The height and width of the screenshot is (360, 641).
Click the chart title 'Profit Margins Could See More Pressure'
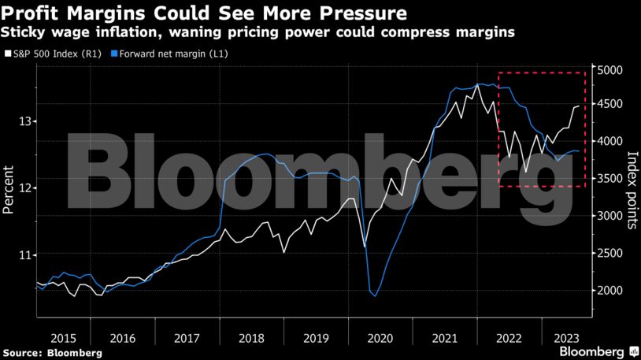point(204,13)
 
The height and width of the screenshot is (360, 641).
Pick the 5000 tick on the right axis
point(612,71)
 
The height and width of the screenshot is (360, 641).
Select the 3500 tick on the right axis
point(612,179)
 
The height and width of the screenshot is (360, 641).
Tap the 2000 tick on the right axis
point(612,291)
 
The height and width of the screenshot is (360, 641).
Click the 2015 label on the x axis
point(64,338)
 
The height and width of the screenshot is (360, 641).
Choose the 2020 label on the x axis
point(380,338)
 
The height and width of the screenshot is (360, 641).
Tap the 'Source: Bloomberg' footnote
point(52,353)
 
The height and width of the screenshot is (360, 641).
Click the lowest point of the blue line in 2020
point(375,296)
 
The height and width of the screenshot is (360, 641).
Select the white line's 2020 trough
point(365,246)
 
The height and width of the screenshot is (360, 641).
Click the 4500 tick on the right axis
point(612,105)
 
